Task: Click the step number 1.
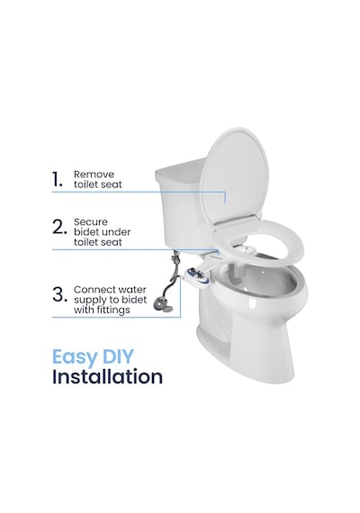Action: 57,180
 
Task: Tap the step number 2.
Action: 59,227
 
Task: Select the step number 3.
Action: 59,294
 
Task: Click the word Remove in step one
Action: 94,174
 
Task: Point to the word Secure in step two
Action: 91,221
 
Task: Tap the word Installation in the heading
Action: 107,376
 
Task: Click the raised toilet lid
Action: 234,175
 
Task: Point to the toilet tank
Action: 184,202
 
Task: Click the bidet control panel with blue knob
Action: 197,275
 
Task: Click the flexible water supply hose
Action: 171,283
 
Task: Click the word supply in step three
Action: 88,301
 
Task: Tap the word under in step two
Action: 116,232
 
